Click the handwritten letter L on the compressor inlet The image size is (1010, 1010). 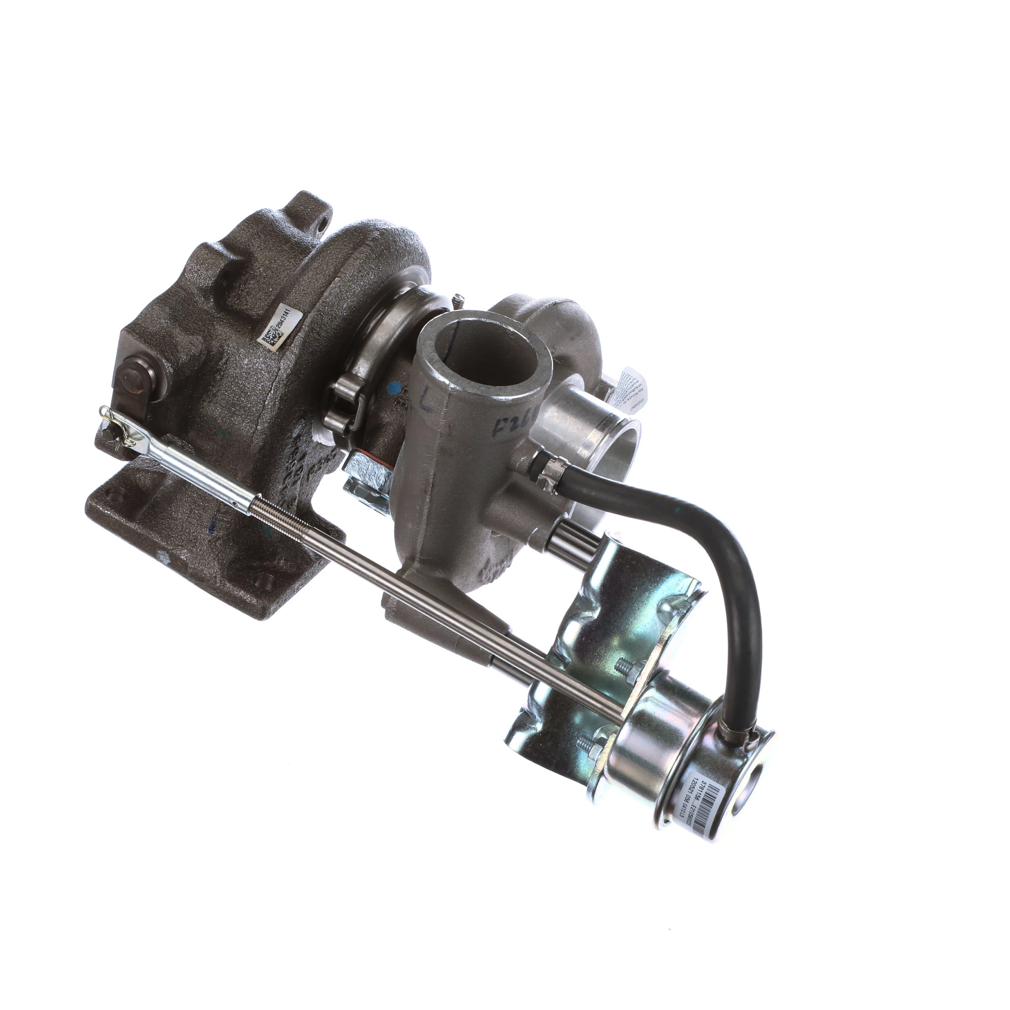pyautogui.click(x=428, y=403)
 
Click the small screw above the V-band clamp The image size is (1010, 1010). pyautogui.click(x=459, y=299)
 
